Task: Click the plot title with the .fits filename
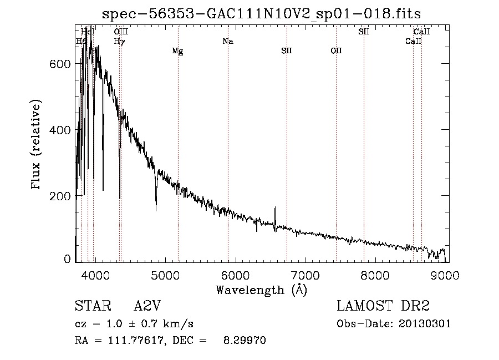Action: pyautogui.click(x=266, y=14)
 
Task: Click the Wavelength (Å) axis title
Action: pyautogui.click(x=261, y=290)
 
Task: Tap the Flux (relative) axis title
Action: pyautogui.click(x=37, y=145)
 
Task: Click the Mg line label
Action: pyautogui.click(x=177, y=52)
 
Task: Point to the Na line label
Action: pyautogui.click(x=227, y=41)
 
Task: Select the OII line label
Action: pyautogui.click(x=336, y=51)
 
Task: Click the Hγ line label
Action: pyautogui.click(x=119, y=41)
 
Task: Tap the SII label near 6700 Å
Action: pyautogui.click(x=286, y=51)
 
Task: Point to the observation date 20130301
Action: pyautogui.click(x=425, y=324)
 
